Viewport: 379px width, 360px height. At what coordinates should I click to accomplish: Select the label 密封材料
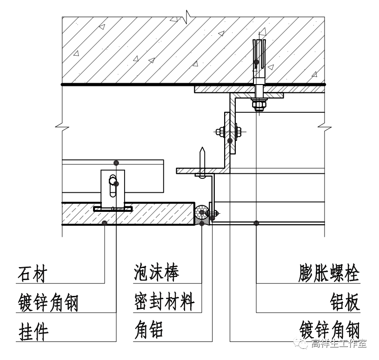pyautogui.click(x=163, y=302)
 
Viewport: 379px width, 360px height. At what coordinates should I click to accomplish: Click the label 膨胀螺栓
pyautogui.click(x=329, y=274)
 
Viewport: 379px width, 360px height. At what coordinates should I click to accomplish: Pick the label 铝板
pyautogui.click(x=345, y=302)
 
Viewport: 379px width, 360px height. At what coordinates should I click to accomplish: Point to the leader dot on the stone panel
pyautogui.click(x=106, y=223)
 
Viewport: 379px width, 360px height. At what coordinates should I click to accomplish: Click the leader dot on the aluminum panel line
pyautogui.click(x=256, y=223)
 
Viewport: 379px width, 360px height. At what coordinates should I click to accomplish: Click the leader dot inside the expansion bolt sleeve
pyautogui.click(x=256, y=61)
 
